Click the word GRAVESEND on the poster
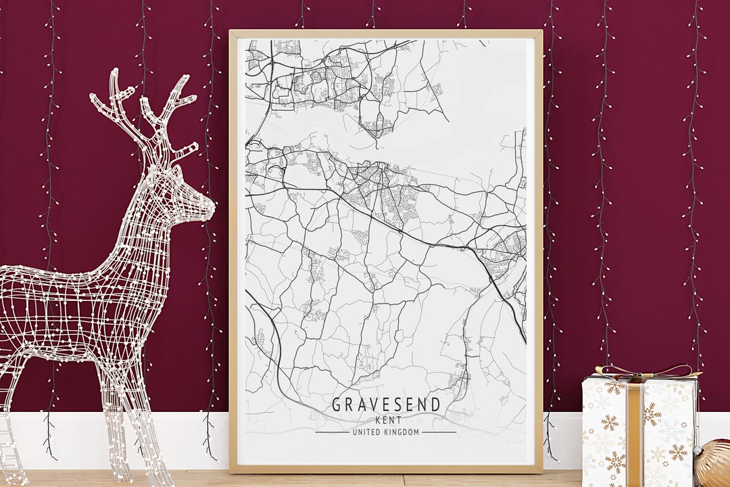(386, 405)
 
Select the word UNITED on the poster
(367, 432)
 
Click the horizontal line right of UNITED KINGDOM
(439, 432)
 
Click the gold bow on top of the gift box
(642, 371)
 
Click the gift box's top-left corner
(584, 379)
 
